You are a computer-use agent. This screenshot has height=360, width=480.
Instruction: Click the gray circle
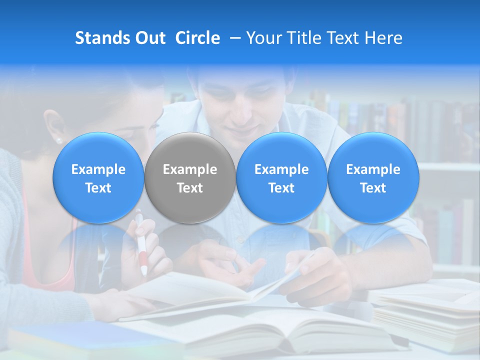click(190, 178)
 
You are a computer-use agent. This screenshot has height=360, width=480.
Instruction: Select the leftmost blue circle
click(98, 178)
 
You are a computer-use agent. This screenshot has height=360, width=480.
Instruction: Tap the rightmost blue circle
click(373, 178)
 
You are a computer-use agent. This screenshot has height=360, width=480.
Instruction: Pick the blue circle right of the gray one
click(281, 178)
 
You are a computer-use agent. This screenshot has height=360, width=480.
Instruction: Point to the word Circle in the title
click(197, 38)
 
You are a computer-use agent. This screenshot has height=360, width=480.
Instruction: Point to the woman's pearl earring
click(58, 140)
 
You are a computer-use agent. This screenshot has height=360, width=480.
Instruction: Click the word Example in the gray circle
click(190, 169)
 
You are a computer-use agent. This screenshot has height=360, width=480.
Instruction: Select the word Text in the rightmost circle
click(373, 188)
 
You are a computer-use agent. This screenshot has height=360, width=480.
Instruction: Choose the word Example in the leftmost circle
click(98, 169)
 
